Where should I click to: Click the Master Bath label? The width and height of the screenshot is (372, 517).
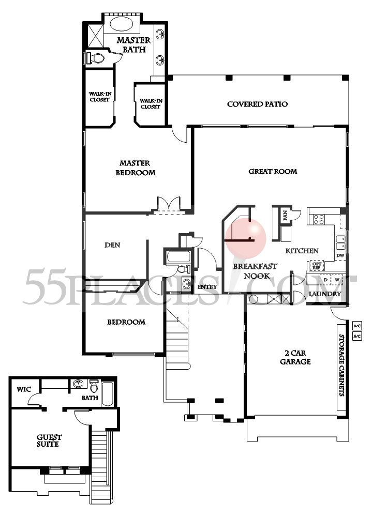point(133,44)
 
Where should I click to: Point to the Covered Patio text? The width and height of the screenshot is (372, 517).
point(257,104)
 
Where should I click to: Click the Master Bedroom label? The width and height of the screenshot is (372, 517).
point(135,168)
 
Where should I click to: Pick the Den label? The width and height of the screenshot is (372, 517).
point(112,245)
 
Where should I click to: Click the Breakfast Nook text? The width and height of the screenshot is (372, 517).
point(255,271)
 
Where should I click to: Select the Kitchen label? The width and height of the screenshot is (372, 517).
point(302,251)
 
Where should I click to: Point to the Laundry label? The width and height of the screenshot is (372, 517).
point(324,294)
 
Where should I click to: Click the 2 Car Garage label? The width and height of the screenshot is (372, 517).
point(295,357)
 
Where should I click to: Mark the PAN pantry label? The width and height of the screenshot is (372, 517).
point(285,215)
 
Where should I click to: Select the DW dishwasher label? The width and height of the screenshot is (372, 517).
point(340,255)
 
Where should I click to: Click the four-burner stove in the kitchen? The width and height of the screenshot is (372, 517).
point(316,217)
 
